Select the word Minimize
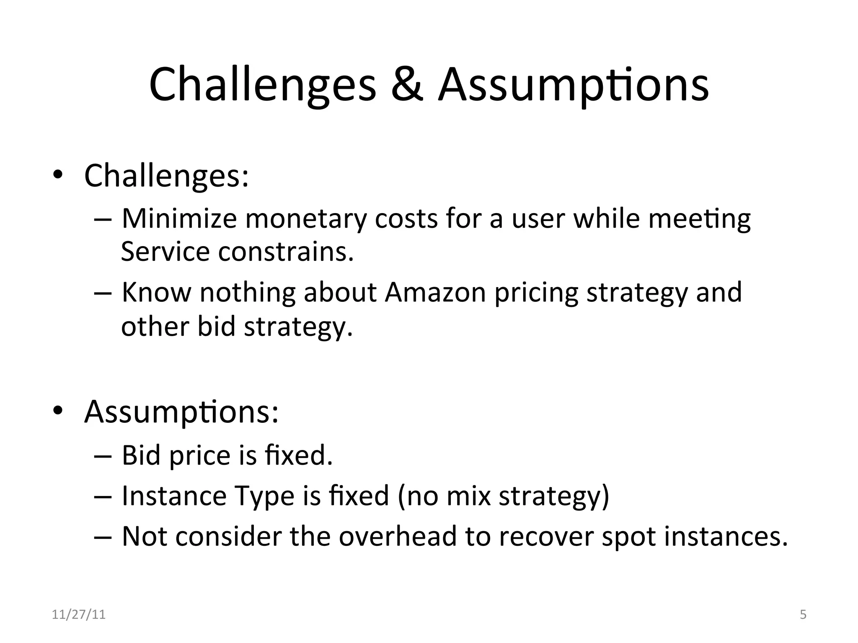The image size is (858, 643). [179, 219]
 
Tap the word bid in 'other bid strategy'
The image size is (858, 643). [216, 326]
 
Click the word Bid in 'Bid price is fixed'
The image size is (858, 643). [141, 455]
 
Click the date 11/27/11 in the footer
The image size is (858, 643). [79, 615]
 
